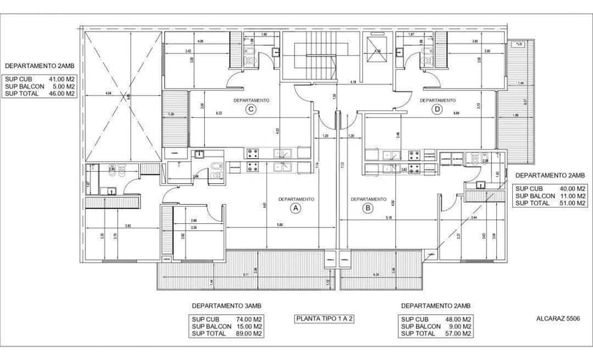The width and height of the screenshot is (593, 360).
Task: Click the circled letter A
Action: [294, 208]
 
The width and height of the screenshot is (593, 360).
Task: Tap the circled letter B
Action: [368, 208]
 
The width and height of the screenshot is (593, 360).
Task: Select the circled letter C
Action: [251, 110]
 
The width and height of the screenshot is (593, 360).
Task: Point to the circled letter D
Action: [438, 110]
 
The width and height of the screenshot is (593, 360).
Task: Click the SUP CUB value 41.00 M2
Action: [61, 79]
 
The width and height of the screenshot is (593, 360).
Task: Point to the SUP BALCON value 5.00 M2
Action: [62, 86]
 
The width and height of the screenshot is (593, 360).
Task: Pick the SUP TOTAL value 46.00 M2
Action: [61, 93]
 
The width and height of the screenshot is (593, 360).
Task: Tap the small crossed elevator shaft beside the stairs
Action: [375, 47]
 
